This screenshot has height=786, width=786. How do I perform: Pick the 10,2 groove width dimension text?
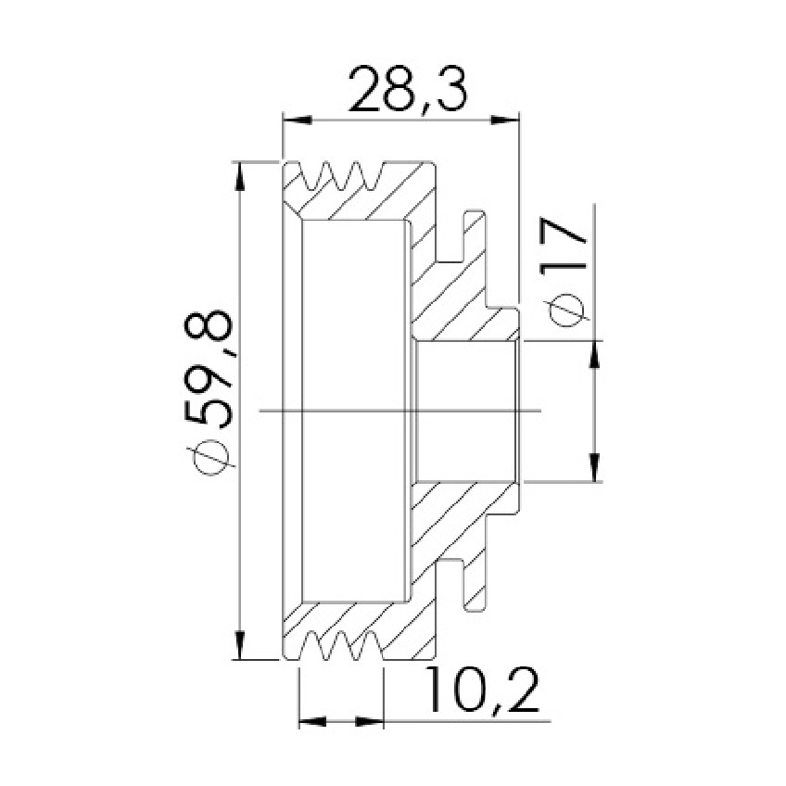(x=483, y=691)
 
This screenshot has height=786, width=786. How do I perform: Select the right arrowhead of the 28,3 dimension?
(x=504, y=120)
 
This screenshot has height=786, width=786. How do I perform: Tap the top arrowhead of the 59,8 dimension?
(x=241, y=175)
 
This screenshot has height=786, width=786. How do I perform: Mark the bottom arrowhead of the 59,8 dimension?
(x=241, y=645)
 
